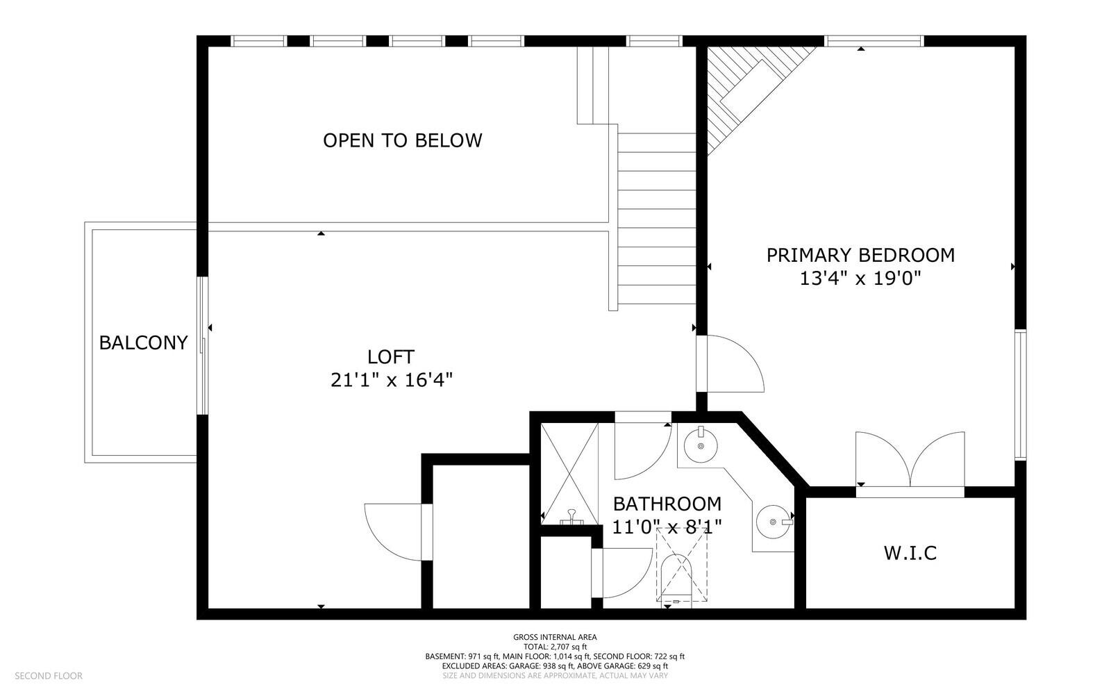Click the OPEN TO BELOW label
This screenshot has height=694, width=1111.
402,140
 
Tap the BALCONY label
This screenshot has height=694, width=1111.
143,342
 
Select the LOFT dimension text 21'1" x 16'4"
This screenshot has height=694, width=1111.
392,380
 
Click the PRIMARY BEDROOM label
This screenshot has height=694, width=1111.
860,255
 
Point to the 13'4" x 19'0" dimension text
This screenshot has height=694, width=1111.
860,279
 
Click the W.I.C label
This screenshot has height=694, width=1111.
910,553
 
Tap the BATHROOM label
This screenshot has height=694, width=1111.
667,504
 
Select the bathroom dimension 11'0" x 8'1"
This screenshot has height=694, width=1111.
667,527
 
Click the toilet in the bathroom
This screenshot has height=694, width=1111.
677,580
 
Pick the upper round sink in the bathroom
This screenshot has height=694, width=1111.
701,445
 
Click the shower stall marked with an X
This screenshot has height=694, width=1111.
569,472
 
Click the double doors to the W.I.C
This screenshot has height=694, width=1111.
910,462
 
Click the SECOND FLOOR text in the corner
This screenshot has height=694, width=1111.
49,675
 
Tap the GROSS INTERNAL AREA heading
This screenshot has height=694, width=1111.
555,637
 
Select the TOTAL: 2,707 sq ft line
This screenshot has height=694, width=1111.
555,647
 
